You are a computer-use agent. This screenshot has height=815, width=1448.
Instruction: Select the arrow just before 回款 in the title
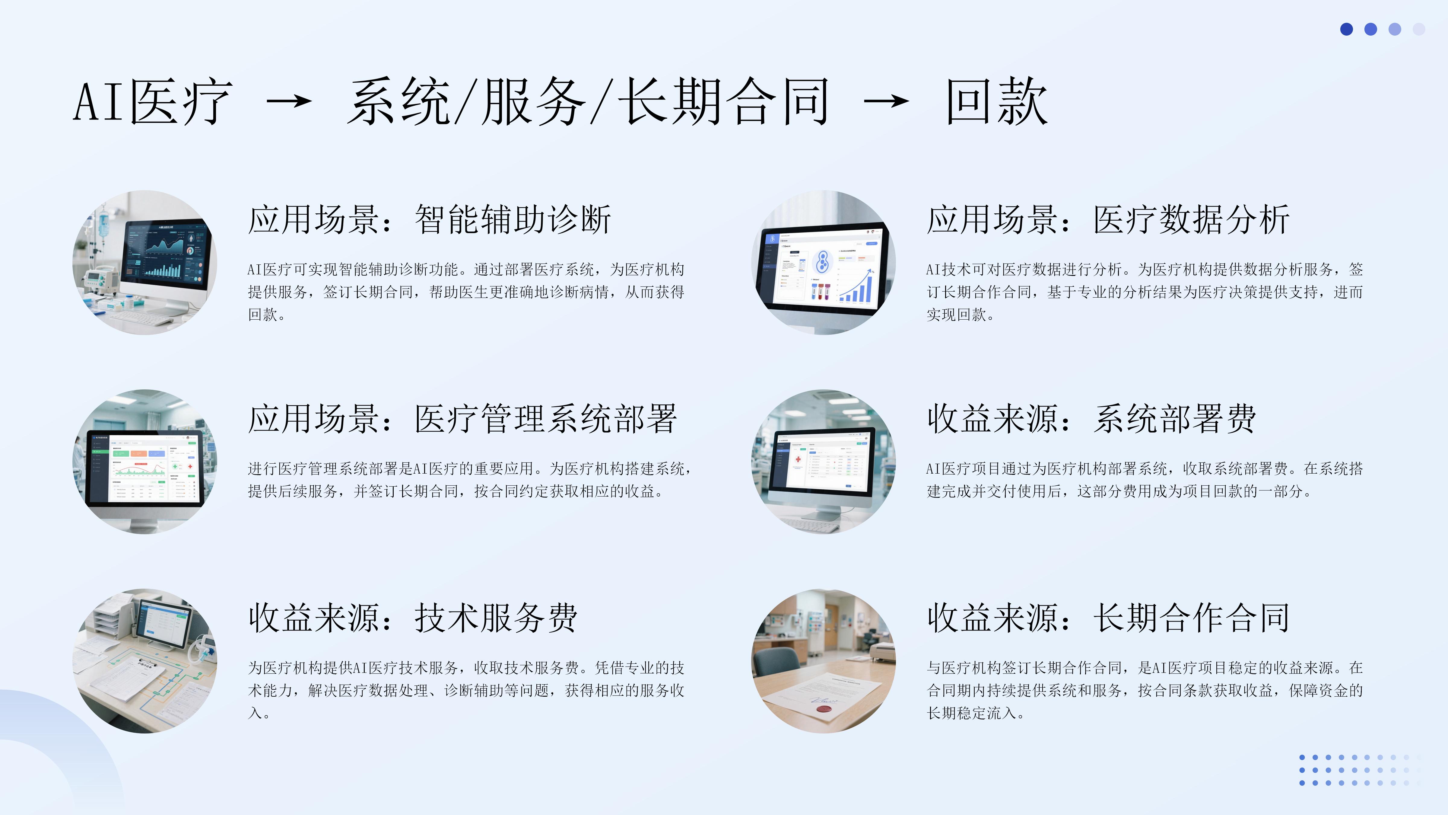click(x=886, y=101)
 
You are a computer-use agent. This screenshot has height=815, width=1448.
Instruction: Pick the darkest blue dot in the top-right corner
click(x=1346, y=29)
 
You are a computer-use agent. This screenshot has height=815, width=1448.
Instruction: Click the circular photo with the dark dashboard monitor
click(x=145, y=263)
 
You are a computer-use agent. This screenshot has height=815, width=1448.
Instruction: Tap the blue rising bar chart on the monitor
click(x=856, y=289)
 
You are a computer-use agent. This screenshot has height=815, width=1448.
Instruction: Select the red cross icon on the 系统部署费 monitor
click(x=798, y=460)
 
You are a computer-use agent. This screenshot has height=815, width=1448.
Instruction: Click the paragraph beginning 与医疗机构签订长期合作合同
click(x=1145, y=690)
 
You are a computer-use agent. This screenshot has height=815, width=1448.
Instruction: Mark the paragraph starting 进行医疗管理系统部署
click(x=469, y=480)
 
